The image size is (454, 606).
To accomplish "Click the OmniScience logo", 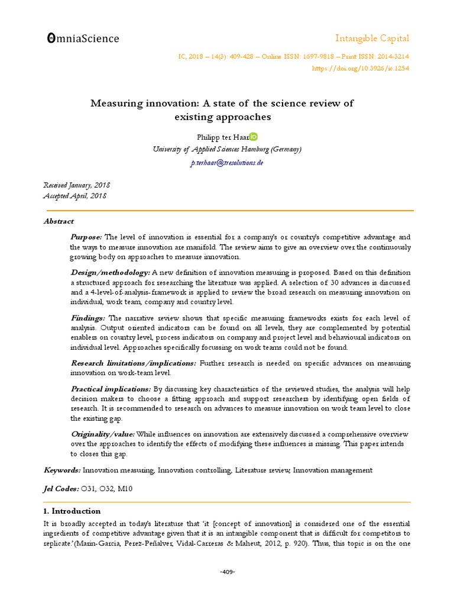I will pos(83,39).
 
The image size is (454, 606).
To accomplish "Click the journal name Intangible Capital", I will pos(372,38).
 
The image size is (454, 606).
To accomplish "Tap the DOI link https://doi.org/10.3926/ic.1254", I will pos(360,68).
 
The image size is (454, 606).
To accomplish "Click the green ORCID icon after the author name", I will pos(254,137).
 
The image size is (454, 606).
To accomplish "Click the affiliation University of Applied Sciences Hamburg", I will pos(227,149).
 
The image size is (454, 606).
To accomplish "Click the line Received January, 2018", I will pos(77,185).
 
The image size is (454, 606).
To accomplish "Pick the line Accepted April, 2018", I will pos(75,196).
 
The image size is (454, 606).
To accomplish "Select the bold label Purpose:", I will pos(86,237).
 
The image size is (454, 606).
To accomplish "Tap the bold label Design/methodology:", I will pos(110,272).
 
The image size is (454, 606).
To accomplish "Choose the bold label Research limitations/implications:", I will pos(134,363).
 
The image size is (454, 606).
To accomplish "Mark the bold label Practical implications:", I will pos(111,389).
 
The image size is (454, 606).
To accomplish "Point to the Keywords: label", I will pos(62,470).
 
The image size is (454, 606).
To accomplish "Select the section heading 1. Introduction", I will pos(72,511).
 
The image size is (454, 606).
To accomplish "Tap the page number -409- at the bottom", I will pos(227,572).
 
